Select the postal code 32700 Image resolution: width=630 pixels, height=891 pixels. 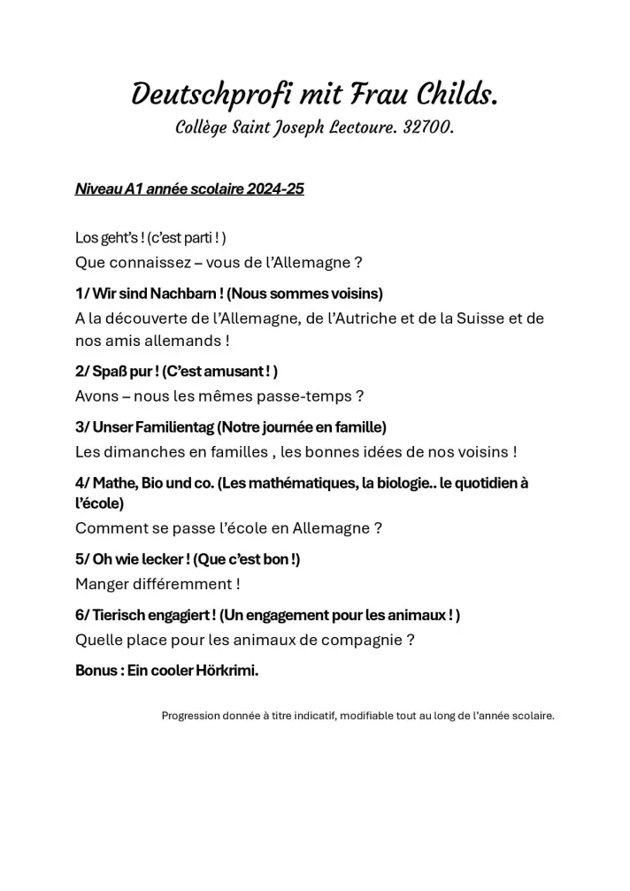click(428, 128)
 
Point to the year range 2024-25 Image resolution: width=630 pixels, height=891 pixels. click(275, 189)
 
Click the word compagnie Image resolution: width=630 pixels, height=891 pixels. click(364, 640)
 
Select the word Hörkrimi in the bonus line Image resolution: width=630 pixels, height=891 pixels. click(228, 671)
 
